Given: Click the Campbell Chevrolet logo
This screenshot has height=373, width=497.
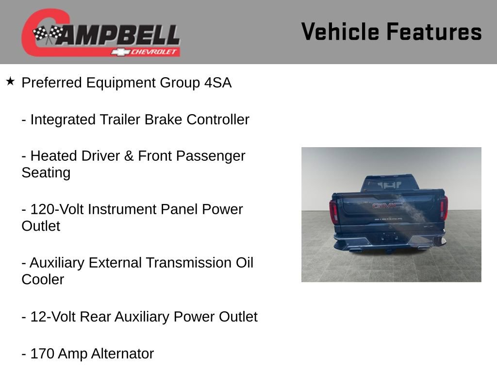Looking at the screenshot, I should coord(100,33).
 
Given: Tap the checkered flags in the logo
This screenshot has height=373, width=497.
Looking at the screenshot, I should coord(48,34).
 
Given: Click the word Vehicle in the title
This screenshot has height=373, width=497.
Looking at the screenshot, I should coord(340,32).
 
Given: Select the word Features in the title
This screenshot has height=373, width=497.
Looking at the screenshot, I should coord(434,32).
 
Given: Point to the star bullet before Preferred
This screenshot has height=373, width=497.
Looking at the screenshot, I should coord(10,81).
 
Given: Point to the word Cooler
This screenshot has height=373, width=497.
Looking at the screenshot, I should coord(43,280).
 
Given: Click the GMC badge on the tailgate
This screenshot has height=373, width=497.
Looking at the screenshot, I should coord(387,205).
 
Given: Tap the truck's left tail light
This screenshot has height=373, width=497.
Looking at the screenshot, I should coord(333,212).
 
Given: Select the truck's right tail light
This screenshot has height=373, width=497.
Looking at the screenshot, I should coord(444,208).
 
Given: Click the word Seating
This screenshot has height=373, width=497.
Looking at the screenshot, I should coord(46,173).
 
